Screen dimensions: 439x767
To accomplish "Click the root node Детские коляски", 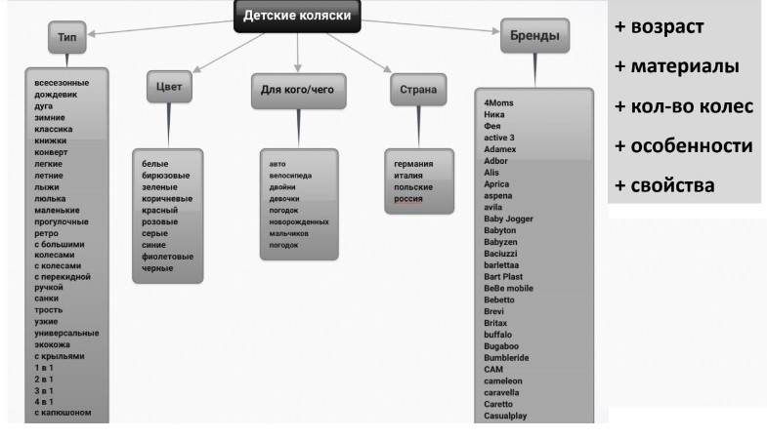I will (296, 17).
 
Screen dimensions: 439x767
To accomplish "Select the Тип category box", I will (65, 38).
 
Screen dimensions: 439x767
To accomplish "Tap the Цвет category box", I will (168, 87).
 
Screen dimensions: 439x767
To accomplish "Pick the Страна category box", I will (417, 92).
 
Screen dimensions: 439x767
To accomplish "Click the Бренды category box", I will (533, 36).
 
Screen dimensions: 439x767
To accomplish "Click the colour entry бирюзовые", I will (166, 177).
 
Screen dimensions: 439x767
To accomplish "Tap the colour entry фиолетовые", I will (168, 257).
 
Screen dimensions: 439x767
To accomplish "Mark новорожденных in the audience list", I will (299, 221).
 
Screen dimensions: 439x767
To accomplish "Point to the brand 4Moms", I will (499, 101).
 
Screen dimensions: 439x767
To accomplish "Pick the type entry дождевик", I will (56, 96).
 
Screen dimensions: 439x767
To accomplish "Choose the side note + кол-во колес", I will (684, 105).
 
